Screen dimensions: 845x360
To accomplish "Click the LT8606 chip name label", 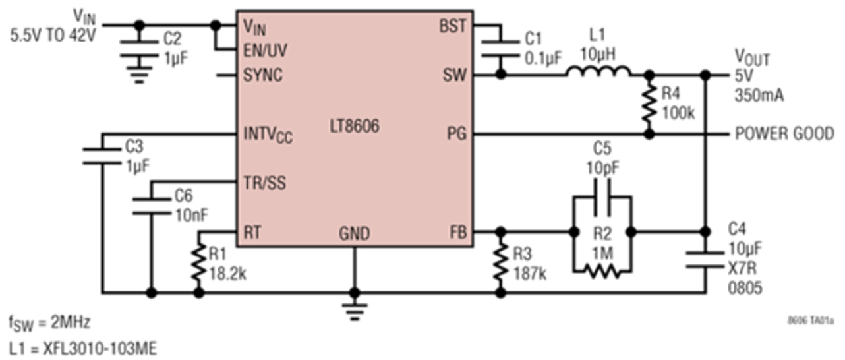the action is (x=355, y=126).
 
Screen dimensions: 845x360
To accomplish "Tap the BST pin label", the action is (x=453, y=26).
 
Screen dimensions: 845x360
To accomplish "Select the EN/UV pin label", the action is (x=265, y=51).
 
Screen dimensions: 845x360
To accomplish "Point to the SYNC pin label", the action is (x=263, y=75).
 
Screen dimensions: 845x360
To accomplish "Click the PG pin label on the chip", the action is (x=457, y=134).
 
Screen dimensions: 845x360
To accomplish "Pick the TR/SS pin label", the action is (x=265, y=183).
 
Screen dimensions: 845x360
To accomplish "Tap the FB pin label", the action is (x=458, y=232).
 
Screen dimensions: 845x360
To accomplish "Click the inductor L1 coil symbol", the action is (x=598, y=71).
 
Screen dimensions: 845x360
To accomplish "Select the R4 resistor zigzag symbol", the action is (x=649, y=104).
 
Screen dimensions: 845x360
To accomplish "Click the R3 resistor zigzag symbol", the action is (x=500, y=262).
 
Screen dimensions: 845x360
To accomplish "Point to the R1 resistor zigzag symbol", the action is (x=199, y=262).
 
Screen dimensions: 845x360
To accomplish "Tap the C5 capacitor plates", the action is (x=602, y=197).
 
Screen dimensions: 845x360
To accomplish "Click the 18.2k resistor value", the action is (x=228, y=274).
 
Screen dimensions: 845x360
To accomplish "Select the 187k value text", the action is (x=530, y=274).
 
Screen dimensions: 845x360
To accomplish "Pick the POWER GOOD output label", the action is (x=784, y=134).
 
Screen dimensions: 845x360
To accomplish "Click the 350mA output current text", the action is (x=759, y=95).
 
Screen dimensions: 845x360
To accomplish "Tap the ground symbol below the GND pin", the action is (x=354, y=312).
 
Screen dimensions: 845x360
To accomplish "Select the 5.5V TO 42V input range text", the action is (x=53, y=36).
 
